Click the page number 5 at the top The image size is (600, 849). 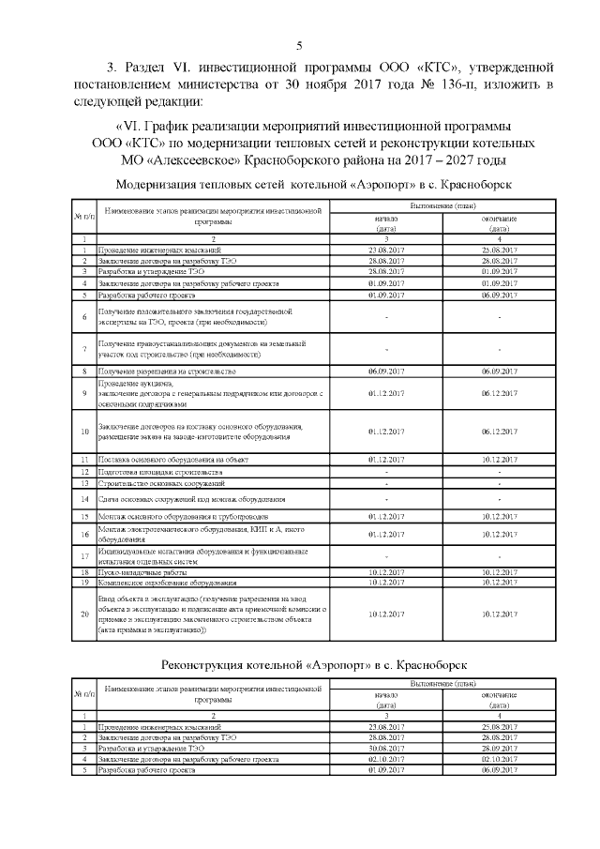pyautogui.click(x=299, y=45)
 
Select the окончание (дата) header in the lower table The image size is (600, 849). pyautogui.click(x=498, y=699)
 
